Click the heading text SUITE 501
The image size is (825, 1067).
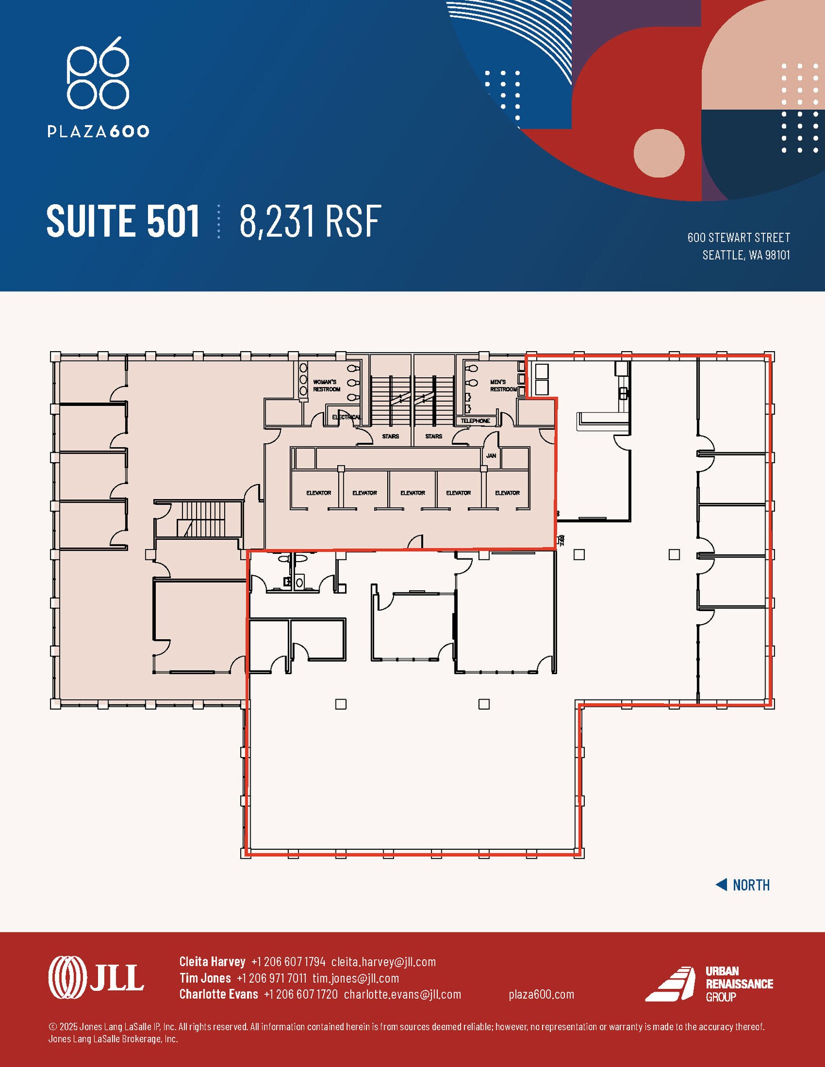click(x=123, y=221)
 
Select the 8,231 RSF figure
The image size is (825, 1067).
click(x=310, y=221)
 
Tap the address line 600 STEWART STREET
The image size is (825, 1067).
click(x=738, y=238)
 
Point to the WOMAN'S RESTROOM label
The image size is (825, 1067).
click(x=326, y=386)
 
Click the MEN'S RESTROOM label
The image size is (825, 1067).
click(x=503, y=386)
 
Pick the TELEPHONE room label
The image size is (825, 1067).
click(x=475, y=421)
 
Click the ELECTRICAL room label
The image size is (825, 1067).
click(x=346, y=417)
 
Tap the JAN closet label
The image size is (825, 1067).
click(x=491, y=456)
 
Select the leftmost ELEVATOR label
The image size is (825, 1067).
click(x=318, y=493)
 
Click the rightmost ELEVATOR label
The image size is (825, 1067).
click(x=507, y=493)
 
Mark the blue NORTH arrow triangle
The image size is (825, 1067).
click(x=721, y=885)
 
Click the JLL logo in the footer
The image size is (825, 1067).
click(x=96, y=977)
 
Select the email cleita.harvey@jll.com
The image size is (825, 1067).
click(x=383, y=962)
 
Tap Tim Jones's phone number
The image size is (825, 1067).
click(x=272, y=978)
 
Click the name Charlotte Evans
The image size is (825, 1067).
click(x=218, y=994)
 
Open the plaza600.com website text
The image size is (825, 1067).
click(x=541, y=994)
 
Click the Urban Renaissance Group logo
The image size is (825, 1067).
click(x=709, y=984)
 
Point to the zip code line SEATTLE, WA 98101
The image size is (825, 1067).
click(x=746, y=255)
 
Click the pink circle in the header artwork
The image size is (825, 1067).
click(x=659, y=153)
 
